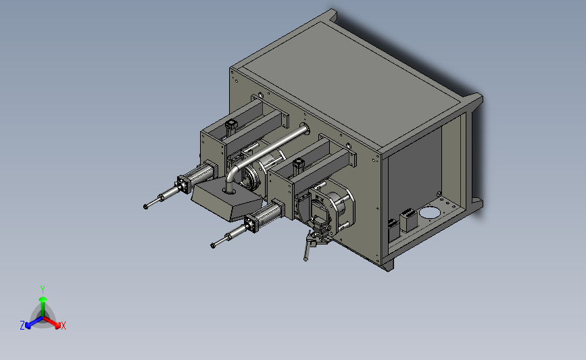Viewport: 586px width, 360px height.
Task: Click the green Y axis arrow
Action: tap(43, 306)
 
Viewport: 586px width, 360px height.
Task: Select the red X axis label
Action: tap(63, 326)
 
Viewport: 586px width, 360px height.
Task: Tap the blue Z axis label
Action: tap(22, 326)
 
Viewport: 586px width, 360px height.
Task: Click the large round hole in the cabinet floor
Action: tap(429, 213)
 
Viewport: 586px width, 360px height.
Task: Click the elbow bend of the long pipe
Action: tap(233, 172)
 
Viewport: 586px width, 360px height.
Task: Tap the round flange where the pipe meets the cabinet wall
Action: tap(305, 129)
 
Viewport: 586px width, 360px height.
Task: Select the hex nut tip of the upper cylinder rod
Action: tap(146, 206)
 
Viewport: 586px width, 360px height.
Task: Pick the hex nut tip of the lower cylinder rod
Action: tap(213, 245)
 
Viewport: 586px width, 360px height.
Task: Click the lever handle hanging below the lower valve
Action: tap(308, 248)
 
